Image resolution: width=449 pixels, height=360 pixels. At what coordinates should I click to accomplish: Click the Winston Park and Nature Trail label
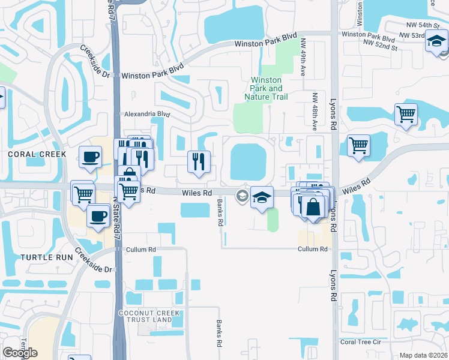267,88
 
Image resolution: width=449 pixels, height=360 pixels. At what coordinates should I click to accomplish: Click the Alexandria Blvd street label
147,113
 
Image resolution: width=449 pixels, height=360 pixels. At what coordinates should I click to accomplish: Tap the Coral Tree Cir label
361,342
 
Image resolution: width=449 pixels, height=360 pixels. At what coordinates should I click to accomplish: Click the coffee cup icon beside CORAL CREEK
91,157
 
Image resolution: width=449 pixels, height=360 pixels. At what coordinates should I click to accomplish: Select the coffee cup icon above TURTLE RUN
98,216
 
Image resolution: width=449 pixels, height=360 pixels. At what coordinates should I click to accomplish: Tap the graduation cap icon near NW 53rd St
436,42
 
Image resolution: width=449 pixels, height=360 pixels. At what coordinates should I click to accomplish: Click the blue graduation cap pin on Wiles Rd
262,197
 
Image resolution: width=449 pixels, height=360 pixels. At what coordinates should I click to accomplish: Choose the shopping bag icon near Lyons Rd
313,207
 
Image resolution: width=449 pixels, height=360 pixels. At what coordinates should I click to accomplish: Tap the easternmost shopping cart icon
406,113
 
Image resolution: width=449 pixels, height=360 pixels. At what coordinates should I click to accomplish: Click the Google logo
20,353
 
